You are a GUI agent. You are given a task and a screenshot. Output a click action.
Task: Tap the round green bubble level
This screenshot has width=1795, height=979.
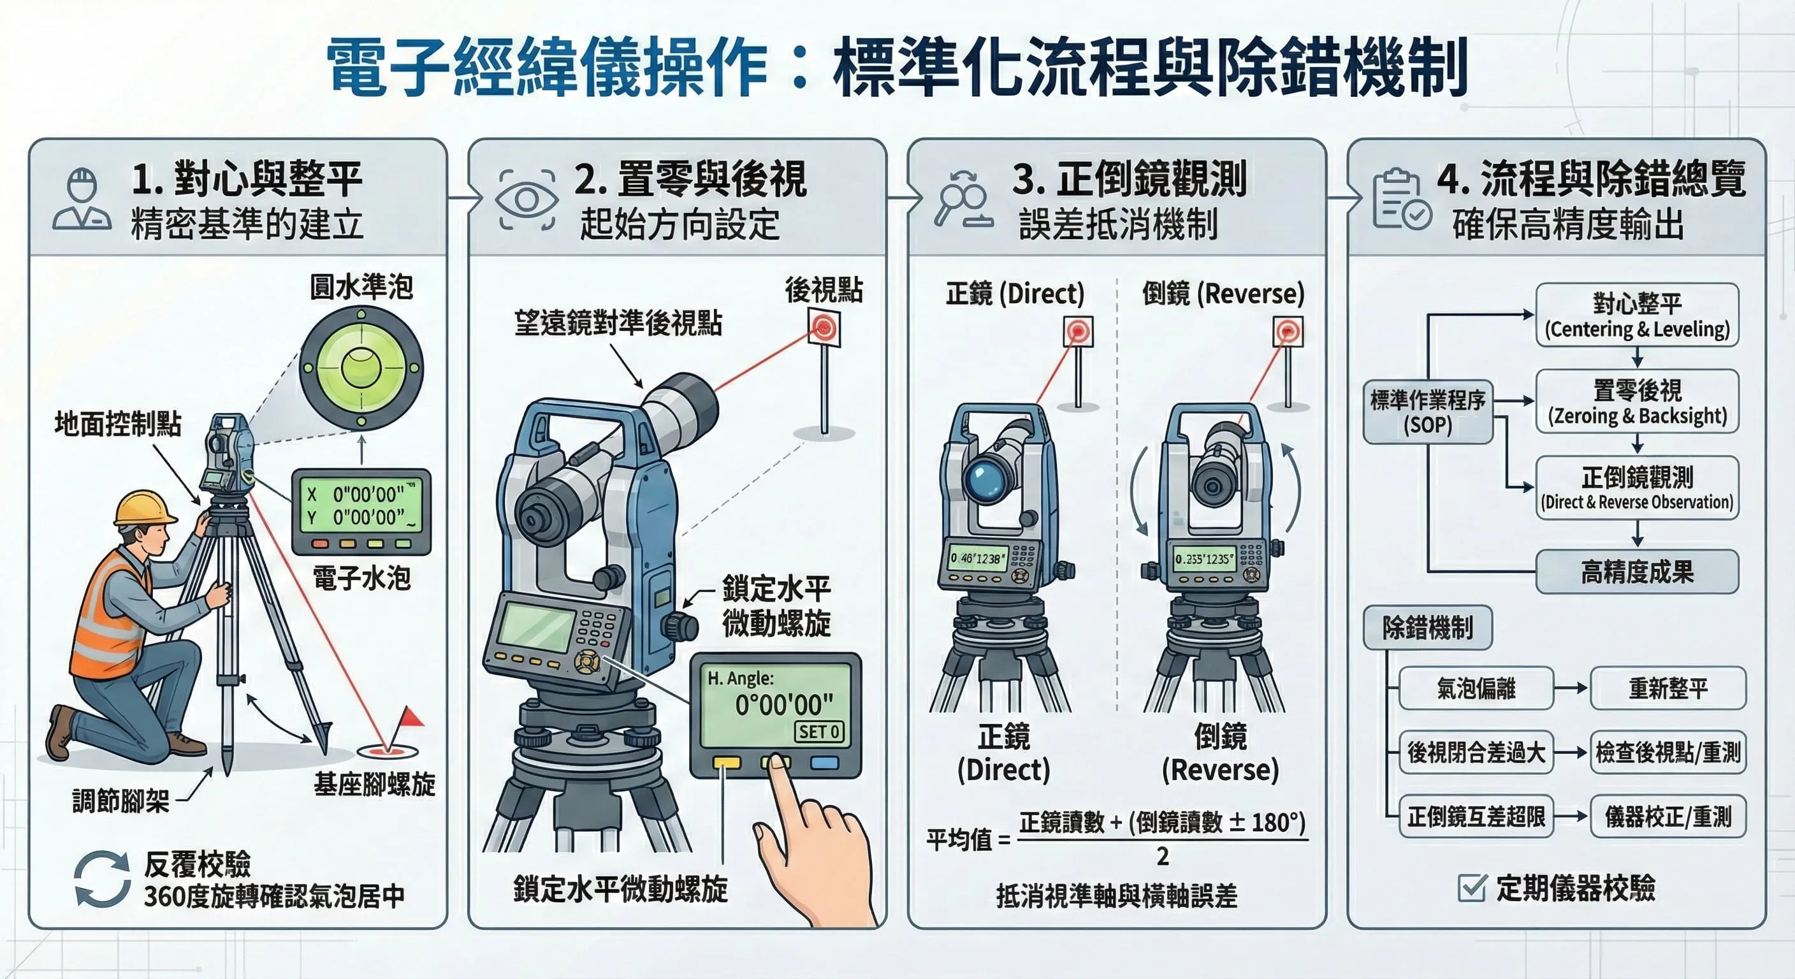[361, 368]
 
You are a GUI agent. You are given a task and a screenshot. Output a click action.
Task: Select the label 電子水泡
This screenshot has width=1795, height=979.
[361, 577]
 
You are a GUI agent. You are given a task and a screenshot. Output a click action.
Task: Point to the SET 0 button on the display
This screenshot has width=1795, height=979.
[818, 732]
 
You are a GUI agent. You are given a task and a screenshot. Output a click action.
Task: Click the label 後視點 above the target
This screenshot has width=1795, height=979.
[824, 289]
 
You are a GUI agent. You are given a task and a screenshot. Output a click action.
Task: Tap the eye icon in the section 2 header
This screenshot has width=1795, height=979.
[527, 200]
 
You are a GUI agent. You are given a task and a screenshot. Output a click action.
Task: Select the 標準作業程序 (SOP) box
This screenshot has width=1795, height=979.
[1427, 412]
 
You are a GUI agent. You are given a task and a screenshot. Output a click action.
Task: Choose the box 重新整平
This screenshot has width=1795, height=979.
[1668, 688]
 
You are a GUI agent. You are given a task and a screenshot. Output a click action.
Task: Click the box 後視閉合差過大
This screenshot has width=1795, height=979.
[1476, 753]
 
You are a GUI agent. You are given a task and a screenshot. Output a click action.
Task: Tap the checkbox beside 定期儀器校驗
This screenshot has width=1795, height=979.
[1472, 888]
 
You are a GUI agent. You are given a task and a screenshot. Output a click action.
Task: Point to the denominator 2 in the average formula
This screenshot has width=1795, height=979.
[1162, 857]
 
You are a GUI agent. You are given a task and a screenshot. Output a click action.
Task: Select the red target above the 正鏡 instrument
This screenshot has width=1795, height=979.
[1078, 331]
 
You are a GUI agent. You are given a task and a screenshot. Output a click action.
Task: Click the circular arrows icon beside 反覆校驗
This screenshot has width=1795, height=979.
[103, 880]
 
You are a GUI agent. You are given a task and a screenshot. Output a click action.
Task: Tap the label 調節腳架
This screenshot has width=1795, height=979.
[120, 801]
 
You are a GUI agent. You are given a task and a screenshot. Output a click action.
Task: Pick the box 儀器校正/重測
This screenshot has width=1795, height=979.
[1668, 816]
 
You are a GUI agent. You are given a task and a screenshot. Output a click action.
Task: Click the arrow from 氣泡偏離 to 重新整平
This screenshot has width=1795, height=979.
[1571, 688]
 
